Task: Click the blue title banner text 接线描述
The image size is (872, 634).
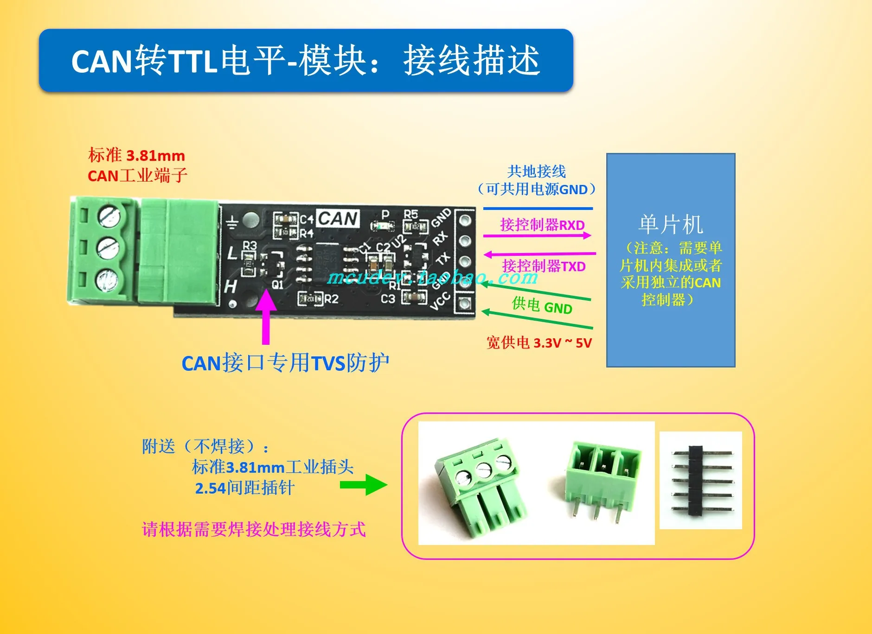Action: (x=471, y=61)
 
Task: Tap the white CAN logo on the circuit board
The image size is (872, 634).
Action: (x=338, y=218)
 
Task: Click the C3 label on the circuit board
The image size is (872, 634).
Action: (x=388, y=299)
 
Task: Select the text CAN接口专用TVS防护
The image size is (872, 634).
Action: (x=285, y=363)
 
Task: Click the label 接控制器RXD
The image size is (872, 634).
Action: (x=542, y=225)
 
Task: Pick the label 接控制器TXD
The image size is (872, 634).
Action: (x=544, y=266)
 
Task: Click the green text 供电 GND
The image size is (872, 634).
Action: (x=542, y=306)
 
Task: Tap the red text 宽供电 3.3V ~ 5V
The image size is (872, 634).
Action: (x=539, y=343)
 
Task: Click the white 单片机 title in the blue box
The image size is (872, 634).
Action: (x=671, y=225)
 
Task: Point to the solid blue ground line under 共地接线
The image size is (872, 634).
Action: (x=538, y=209)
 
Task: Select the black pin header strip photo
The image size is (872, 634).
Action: (x=700, y=480)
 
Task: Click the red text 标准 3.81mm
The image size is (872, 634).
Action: (x=136, y=155)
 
